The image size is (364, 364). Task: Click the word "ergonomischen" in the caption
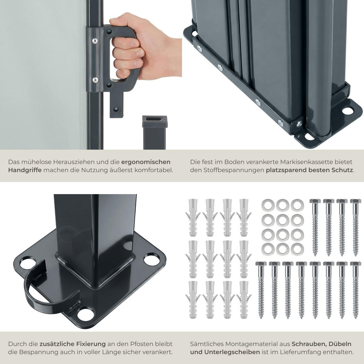pyautogui.click(x=146, y=162)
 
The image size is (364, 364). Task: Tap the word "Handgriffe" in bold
pyautogui.click(x=25, y=170)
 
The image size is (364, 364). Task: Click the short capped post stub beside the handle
pyautogui.click(x=154, y=133)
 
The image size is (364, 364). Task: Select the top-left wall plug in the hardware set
pyautogui.click(x=193, y=217)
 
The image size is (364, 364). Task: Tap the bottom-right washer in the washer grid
pyautogui.click(x=297, y=249)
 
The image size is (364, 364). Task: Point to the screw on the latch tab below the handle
pyautogui.click(x=116, y=109)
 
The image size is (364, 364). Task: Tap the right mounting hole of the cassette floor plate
pyautogui.click(x=348, y=111)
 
